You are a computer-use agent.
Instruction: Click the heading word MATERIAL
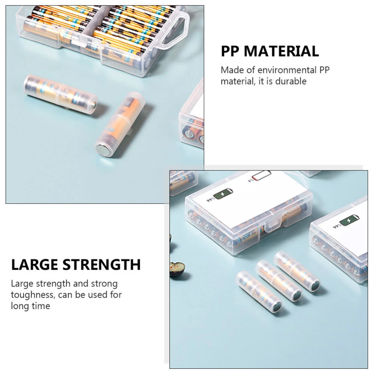pyautogui.click(x=281, y=51)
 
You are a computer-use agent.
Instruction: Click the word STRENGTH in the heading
pyautogui.click(x=101, y=264)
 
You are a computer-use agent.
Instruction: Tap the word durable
pyautogui.click(x=291, y=81)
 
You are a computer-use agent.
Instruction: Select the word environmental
pyautogui.click(x=287, y=70)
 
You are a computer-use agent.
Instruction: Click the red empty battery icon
pyautogui.click(x=261, y=175)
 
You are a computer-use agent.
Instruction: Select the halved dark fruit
pyautogui.click(x=177, y=269)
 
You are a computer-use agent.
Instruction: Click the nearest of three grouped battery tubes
pyautogui.click(x=259, y=291)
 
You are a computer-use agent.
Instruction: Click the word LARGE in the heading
pyautogui.click(x=34, y=264)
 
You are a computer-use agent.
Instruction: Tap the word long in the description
pyautogui.click(x=20, y=306)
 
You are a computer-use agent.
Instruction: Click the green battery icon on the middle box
pyautogui.click(x=223, y=193)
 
